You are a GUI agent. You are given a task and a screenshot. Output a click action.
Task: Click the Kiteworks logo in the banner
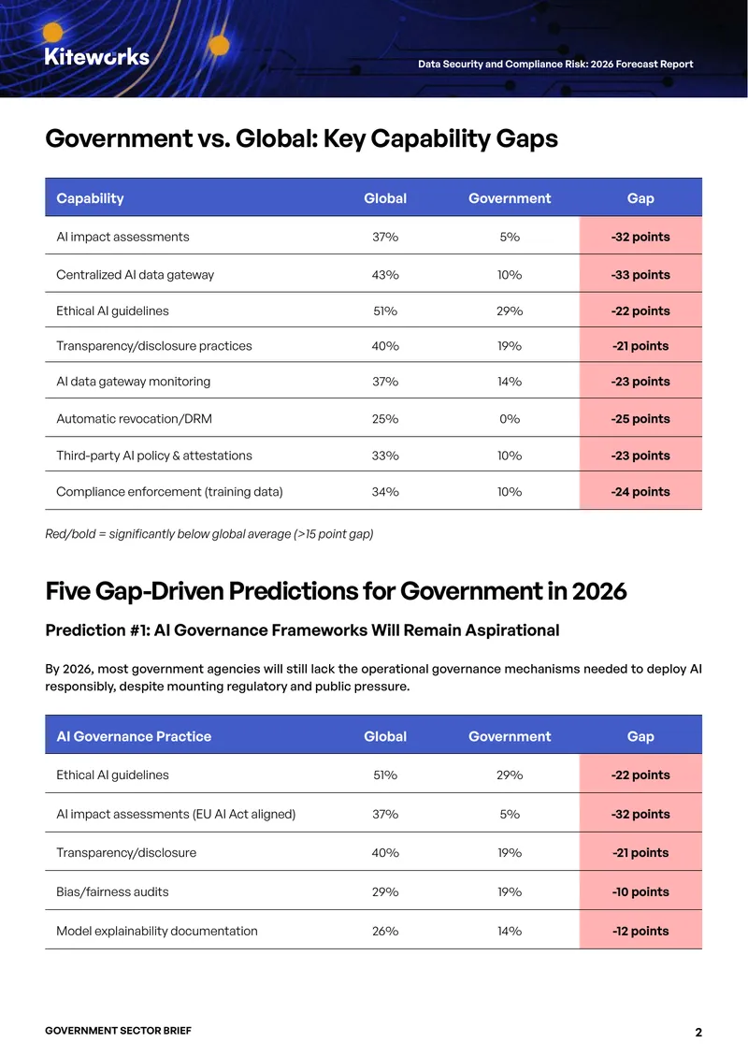click(x=97, y=57)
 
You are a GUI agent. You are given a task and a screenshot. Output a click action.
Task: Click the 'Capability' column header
click(x=91, y=198)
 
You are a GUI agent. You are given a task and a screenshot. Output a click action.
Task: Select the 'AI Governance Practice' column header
click(x=134, y=736)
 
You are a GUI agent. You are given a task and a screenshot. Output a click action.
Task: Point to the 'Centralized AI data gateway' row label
click(x=136, y=274)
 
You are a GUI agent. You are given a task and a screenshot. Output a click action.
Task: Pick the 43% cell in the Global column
click(x=385, y=275)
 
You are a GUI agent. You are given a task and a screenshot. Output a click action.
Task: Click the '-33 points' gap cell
click(x=640, y=274)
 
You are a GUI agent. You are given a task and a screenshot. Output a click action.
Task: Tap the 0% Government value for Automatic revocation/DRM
click(x=511, y=419)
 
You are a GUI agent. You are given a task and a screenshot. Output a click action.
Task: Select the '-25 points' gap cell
click(x=640, y=419)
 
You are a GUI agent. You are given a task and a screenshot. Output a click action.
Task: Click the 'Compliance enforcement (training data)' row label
click(x=170, y=491)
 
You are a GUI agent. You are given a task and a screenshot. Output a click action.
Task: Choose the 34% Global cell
click(x=385, y=492)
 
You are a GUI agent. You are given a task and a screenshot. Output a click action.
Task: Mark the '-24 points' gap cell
click(x=640, y=491)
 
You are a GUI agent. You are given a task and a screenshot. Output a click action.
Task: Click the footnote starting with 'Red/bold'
click(x=209, y=534)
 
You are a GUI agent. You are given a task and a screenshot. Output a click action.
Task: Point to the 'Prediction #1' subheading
click(x=303, y=630)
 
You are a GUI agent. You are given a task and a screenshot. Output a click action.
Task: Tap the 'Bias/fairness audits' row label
click(x=112, y=891)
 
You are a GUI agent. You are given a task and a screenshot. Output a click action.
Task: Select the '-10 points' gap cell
click(x=640, y=891)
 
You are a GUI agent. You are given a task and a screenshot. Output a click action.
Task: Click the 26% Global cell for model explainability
click(x=385, y=931)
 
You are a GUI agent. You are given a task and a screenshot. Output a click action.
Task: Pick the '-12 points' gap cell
click(x=640, y=931)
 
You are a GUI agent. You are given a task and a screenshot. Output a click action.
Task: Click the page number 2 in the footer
click(x=698, y=1032)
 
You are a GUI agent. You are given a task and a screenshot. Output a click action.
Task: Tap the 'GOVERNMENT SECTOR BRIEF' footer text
click(x=119, y=1031)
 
